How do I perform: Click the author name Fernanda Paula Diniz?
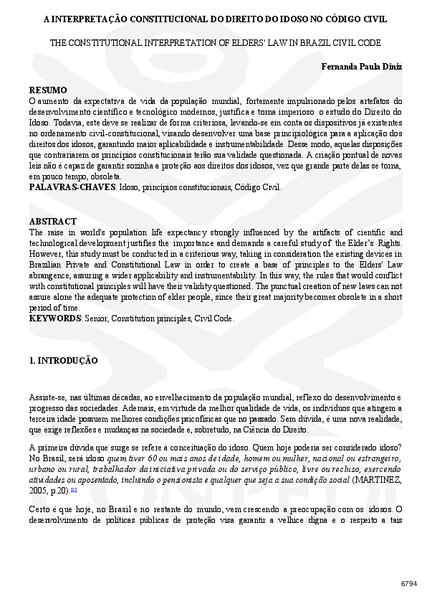[362, 67]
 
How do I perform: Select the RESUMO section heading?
[48, 90]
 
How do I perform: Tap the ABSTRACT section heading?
[52, 222]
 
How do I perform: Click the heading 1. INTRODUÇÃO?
[63, 360]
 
